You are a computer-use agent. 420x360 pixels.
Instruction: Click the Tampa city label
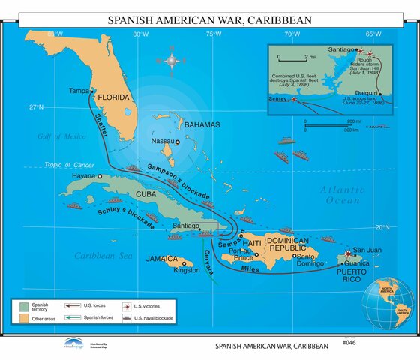pos(79,91)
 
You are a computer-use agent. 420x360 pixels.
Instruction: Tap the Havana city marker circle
pos(100,175)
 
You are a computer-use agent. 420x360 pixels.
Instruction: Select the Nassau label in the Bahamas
pos(163,141)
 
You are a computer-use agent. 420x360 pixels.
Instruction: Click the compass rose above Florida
pos(174,58)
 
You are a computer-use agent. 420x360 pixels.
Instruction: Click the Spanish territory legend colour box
pos(24,307)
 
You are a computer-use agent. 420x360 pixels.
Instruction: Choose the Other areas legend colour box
pos(24,319)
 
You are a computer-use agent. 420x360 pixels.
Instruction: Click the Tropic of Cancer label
pos(67,164)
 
